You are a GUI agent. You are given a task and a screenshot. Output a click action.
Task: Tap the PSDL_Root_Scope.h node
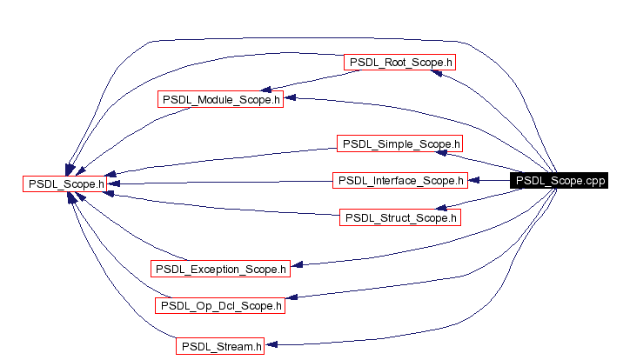click(400, 63)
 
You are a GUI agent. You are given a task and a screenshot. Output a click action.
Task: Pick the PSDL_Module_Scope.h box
click(221, 99)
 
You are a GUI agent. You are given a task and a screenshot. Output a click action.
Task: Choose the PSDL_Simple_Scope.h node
click(400, 143)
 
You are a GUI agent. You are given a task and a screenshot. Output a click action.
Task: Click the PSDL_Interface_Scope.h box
click(400, 181)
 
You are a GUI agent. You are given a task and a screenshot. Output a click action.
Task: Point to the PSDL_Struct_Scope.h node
click(399, 217)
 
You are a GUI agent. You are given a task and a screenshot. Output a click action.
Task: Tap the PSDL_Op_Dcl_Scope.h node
click(220, 305)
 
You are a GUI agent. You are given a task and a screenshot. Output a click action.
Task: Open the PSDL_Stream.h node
click(221, 346)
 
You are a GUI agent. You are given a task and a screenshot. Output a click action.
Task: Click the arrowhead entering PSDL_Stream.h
click(271, 345)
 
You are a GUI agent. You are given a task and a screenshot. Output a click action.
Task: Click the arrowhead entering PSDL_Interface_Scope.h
click(473, 181)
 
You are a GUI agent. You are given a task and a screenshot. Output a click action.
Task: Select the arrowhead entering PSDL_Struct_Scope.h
click(442, 209)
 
